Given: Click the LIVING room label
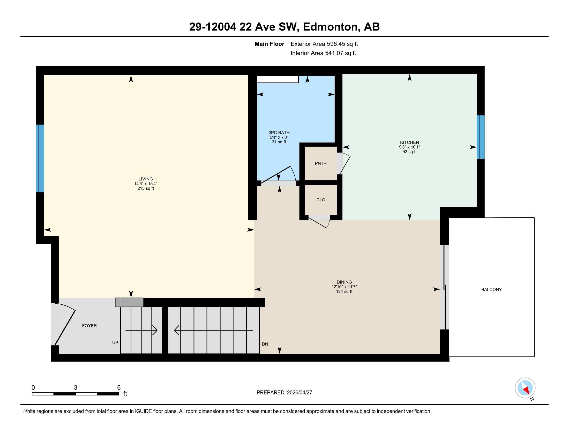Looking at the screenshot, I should click(x=145, y=179).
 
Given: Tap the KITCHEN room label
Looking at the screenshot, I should click(x=409, y=142).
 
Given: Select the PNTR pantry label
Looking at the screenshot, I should click(x=320, y=163).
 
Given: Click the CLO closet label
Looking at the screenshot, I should click(x=320, y=200).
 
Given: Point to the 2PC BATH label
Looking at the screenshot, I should click(x=279, y=133).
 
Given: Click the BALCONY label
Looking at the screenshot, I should click(x=491, y=289).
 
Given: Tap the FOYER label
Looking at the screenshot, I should click(x=89, y=326).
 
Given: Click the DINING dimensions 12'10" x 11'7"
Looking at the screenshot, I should click(x=344, y=287).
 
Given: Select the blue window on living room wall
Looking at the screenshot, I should click(x=40, y=158).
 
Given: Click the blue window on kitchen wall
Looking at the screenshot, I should click(x=481, y=137).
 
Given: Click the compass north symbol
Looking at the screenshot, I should click(x=525, y=388).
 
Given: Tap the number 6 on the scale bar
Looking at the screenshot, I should click(x=119, y=388).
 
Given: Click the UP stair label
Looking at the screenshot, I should click(x=115, y=342).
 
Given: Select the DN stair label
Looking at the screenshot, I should click(x=265, y=344).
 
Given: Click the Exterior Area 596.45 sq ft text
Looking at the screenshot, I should click(x=324, y=44).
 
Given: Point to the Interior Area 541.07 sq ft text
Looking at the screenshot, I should click(x=323, y=53).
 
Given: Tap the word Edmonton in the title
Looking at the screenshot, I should click(x=330, y=27).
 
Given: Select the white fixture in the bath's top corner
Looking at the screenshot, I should click(x=277, y=79).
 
